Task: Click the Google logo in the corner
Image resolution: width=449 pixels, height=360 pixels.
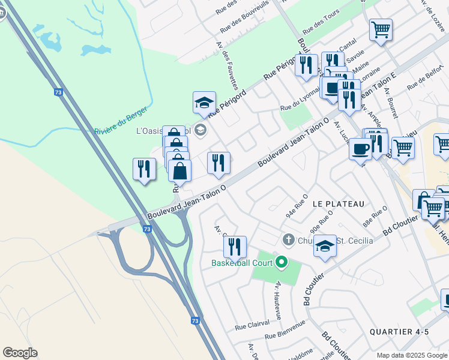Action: point(20,353)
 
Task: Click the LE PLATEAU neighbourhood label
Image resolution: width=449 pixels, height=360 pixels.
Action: point(339,204)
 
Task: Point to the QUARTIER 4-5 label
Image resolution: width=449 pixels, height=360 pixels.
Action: point(399,332)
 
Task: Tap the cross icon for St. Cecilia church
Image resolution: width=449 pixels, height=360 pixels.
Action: point(288,240)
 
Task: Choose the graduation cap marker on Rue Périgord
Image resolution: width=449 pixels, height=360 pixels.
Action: point(204,103)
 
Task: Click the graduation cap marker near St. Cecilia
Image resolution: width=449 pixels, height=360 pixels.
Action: point(325,246)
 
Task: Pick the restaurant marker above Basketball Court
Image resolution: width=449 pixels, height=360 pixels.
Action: point(235,246)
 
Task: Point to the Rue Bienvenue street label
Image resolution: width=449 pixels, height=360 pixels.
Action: point(285,329)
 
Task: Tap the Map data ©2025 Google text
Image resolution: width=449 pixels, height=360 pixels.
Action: point(412,355)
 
